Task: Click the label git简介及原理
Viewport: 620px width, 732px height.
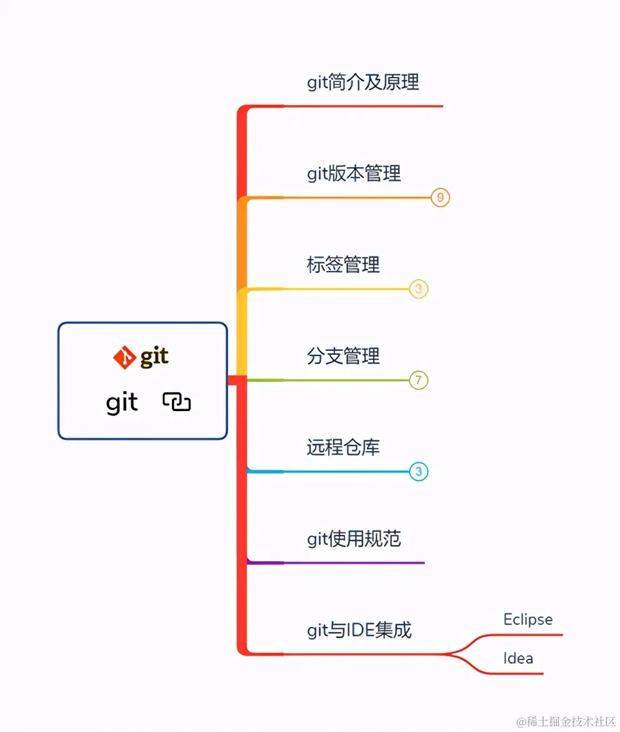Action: (x=362, y=82)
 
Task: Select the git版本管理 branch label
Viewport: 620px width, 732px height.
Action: (x=354, y=173)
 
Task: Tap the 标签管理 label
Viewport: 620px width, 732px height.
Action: (x=343, y=265)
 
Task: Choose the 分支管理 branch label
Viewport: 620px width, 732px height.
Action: (x=343, y=356)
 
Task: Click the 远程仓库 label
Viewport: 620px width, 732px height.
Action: (x=343, y=447)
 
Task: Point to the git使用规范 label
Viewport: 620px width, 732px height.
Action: (x=354, y=539)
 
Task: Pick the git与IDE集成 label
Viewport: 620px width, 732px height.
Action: (x=359, y=630)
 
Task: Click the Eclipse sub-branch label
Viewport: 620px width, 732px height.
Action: (x=528, y=619)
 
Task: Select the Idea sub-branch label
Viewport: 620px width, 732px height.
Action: (x=518, y=658)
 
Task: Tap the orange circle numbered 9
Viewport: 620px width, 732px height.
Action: (x=441, y=198)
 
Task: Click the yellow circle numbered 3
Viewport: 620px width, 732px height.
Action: (x=419, y=289)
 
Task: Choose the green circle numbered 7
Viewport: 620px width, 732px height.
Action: (x=419, y=380)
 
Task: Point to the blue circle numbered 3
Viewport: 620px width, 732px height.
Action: (x=419, y=471)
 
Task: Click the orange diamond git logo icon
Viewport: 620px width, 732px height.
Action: (x=124, y=357)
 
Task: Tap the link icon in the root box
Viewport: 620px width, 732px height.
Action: (x=177, y=402)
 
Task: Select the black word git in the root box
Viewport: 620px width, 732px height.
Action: (x=122, y=403)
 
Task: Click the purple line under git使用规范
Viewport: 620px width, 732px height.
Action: (x=350, y=562)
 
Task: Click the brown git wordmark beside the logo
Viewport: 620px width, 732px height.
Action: (x=154, y=357)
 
